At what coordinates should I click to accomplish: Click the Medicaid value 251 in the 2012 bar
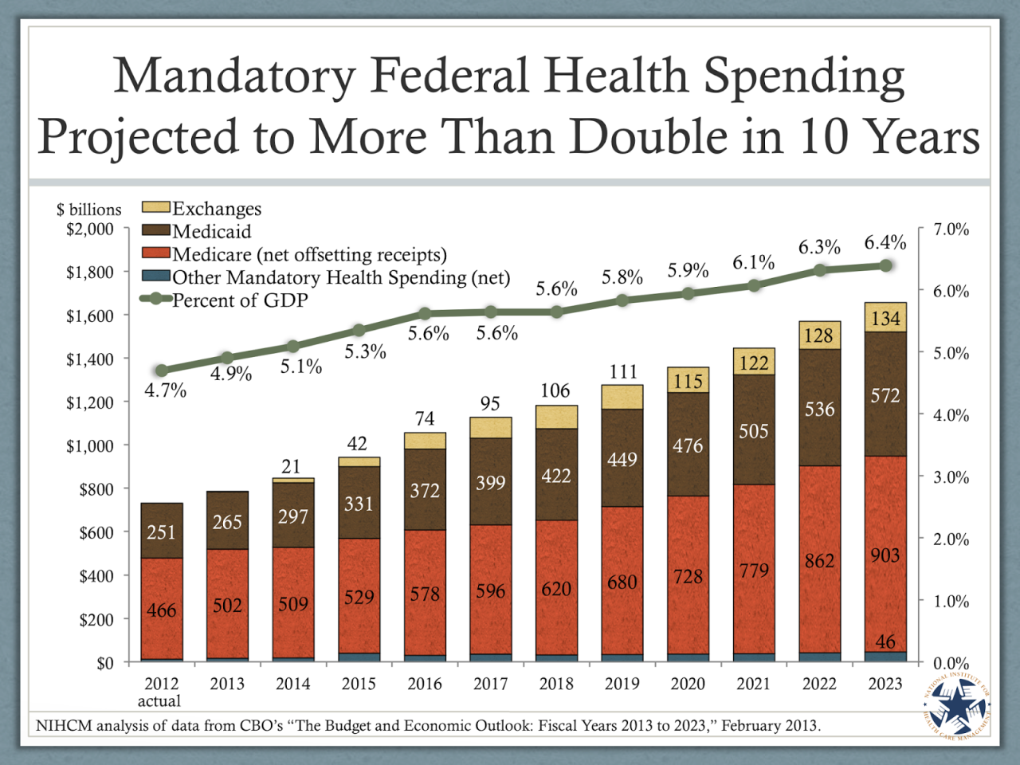[x=161, y=532]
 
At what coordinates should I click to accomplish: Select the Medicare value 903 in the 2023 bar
[x=885, y=555]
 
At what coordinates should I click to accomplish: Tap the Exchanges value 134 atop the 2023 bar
[x=885, y=319]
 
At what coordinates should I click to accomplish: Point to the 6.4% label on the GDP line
[x=885, y=242]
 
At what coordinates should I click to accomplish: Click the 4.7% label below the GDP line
[x=165, y=390]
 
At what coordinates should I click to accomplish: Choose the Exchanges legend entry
[x=216, y=209]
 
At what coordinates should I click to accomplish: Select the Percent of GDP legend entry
[x=239, y=300]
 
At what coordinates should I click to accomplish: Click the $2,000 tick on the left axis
[x=89, y=229]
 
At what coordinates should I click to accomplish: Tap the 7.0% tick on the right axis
[x=951, y=229]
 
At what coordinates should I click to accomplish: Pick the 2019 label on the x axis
[x=622, y=684]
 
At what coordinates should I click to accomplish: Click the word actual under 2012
[x=159, y=701]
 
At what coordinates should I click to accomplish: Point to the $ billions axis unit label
[x=89, y=210]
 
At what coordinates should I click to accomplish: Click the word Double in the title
[x=648, y=136]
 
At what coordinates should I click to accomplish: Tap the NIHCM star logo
[x=957, y=706]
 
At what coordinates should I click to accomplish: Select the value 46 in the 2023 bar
[x=885, y=641]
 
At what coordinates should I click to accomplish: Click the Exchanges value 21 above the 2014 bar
[x=292, y=467]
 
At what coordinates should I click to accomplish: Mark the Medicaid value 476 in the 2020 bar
[x=688, y=445]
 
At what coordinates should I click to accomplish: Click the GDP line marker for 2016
[x=425, y=314]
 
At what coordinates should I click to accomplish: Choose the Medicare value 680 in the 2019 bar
[x=622, y=583]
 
